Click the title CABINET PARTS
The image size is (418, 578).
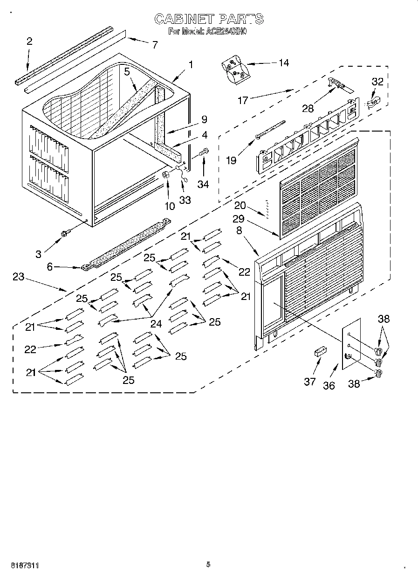point(209,19)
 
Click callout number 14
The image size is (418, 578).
point(283,63)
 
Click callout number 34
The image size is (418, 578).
point(203,184)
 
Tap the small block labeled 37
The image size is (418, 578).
point(319,351)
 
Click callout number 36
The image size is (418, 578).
point(329,385)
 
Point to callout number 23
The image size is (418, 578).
point(18,277)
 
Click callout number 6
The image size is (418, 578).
point(49,267)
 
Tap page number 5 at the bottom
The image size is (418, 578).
point(208,564)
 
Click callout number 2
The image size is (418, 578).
point(29,41)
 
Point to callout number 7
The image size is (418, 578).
point(155,45)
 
